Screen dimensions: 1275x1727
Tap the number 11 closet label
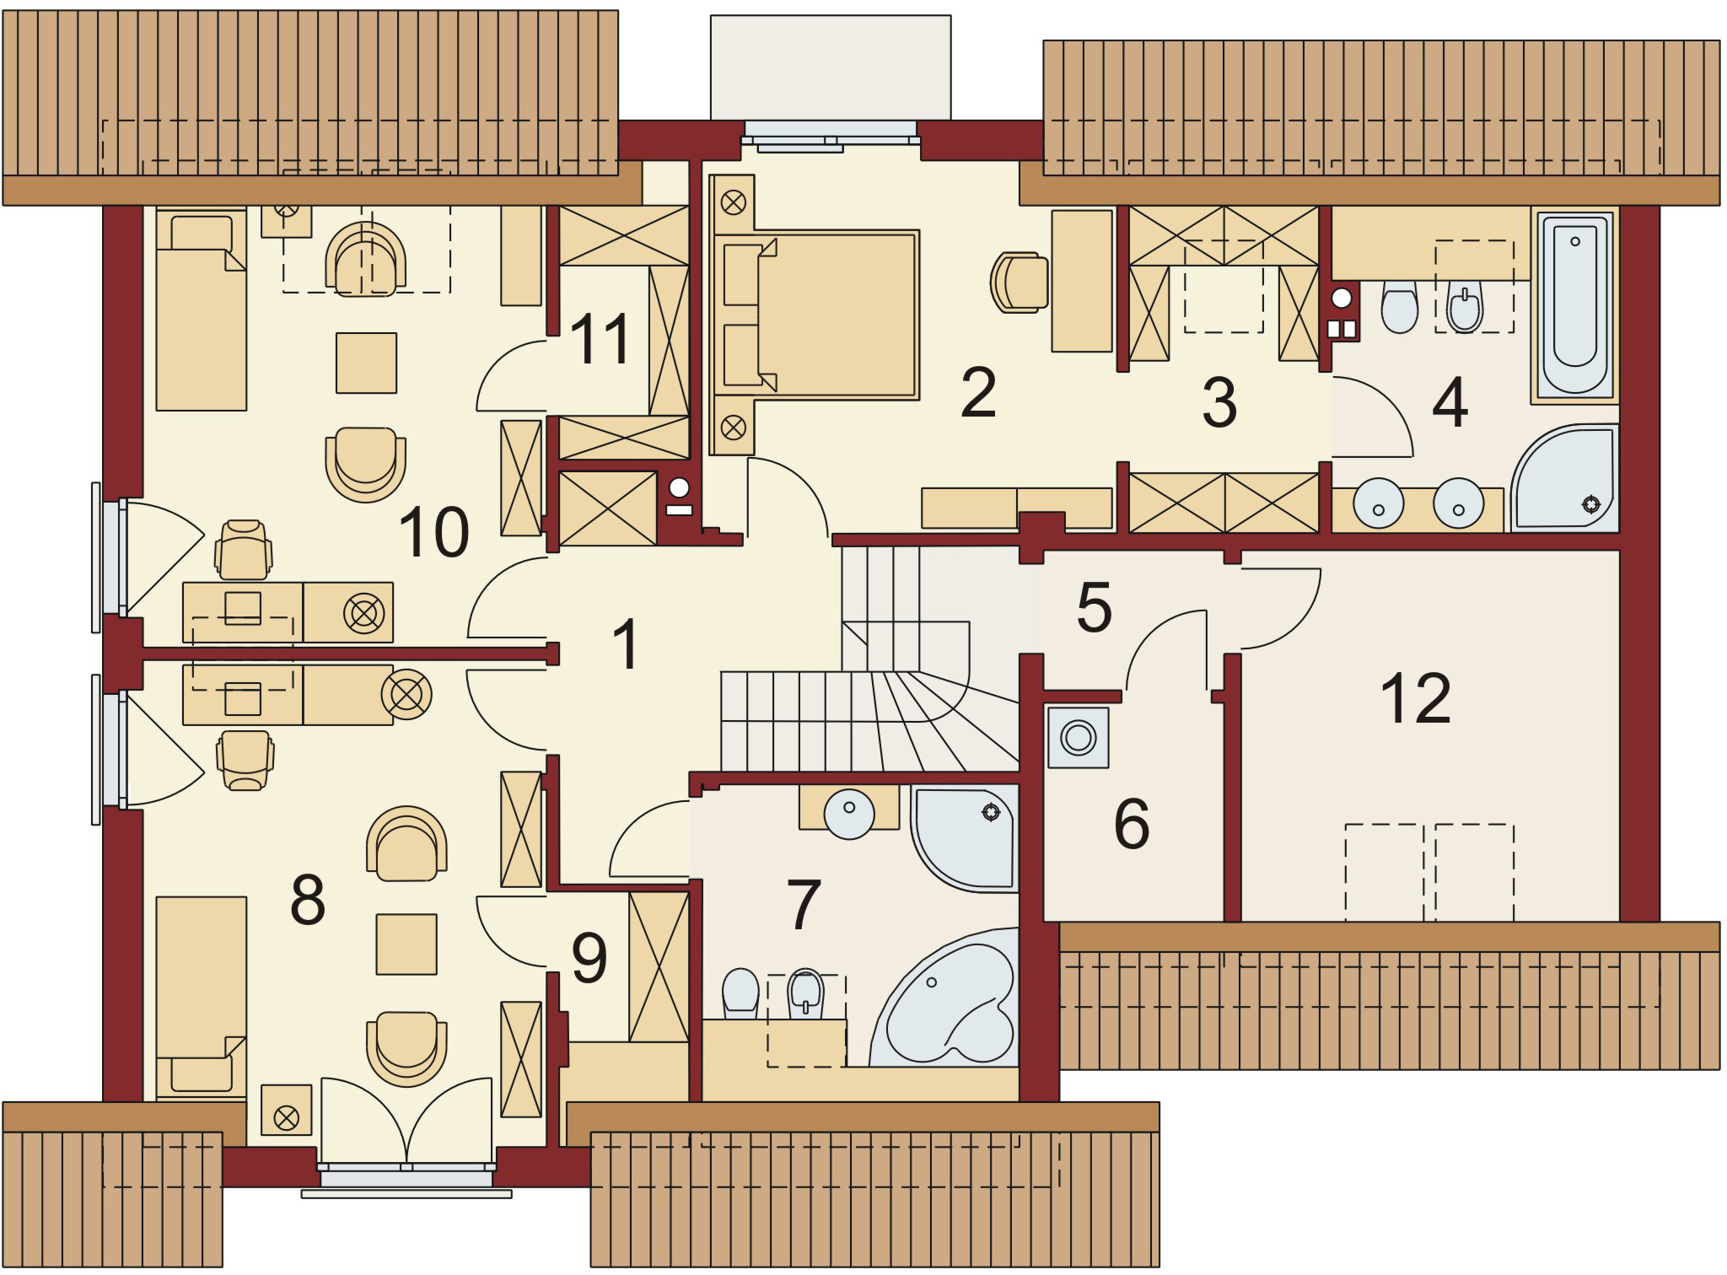pyautogui.click(x=600, y=338)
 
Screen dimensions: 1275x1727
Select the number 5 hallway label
pyautogui.click(x=1094, y=607)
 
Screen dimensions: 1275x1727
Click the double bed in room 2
pyautogui.click(x=835, y=314)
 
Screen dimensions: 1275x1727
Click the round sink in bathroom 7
pyautogui.click(x=849, y=813)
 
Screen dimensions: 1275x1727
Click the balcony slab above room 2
pyautogui.click(x=831, y=67)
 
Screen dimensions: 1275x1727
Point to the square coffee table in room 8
pyautogui.click(x=406, y=944)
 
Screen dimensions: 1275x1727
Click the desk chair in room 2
pyautogui.click(x=1019, y=282)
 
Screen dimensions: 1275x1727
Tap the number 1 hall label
pyautogui.click(x=625, y=644)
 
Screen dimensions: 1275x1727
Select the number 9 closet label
pyautogui.click(x=589, y=960)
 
